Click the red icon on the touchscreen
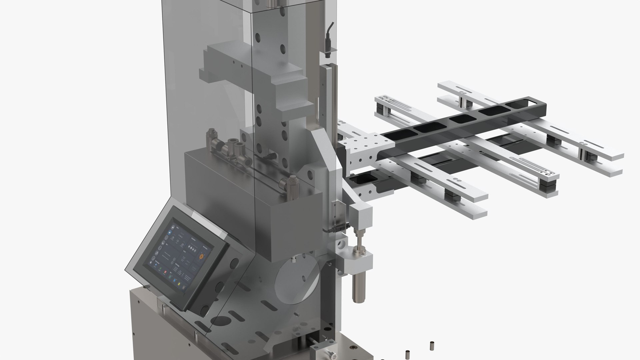point(165,272)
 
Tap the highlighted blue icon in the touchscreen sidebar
point(170,232)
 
